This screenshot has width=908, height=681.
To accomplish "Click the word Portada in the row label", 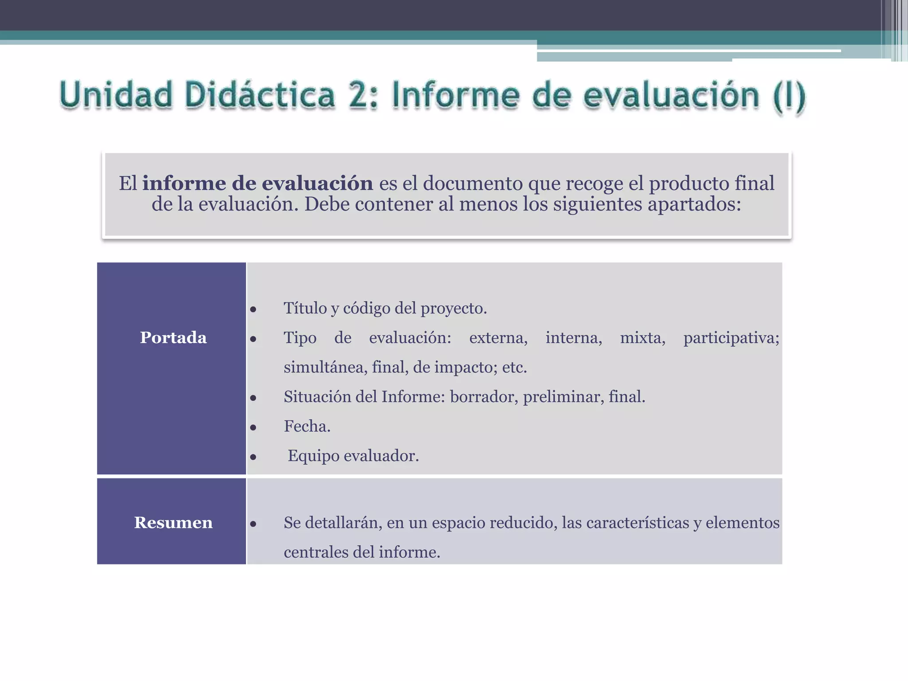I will [x=173, y=338].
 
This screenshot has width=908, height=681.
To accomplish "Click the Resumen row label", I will [x=173, y=523].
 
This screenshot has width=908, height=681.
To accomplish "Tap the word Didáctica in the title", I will [x=260, y=95].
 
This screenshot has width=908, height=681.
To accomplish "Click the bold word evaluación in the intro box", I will [x=317, y=184].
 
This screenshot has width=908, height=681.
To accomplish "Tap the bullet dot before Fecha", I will [x=253, y=427].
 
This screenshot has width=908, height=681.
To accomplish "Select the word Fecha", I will [x=307, y=427].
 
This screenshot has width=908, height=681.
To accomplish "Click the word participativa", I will [x=731, y=338].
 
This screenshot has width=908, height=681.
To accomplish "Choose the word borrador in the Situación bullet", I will [x=483, y=397].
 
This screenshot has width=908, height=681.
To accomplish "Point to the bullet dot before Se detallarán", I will [x=253, y=524].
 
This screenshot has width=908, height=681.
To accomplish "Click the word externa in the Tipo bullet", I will [x=498, y=338].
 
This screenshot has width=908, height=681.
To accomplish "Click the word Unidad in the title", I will [x=116, y=95].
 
